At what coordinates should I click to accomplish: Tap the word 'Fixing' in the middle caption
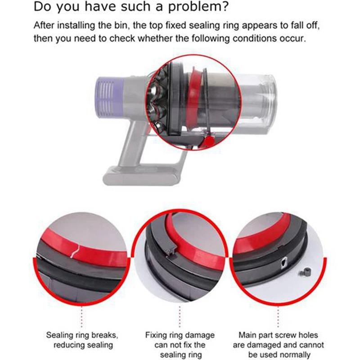[x=156, y=336]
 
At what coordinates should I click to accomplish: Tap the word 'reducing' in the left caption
[x=69, y=346]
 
